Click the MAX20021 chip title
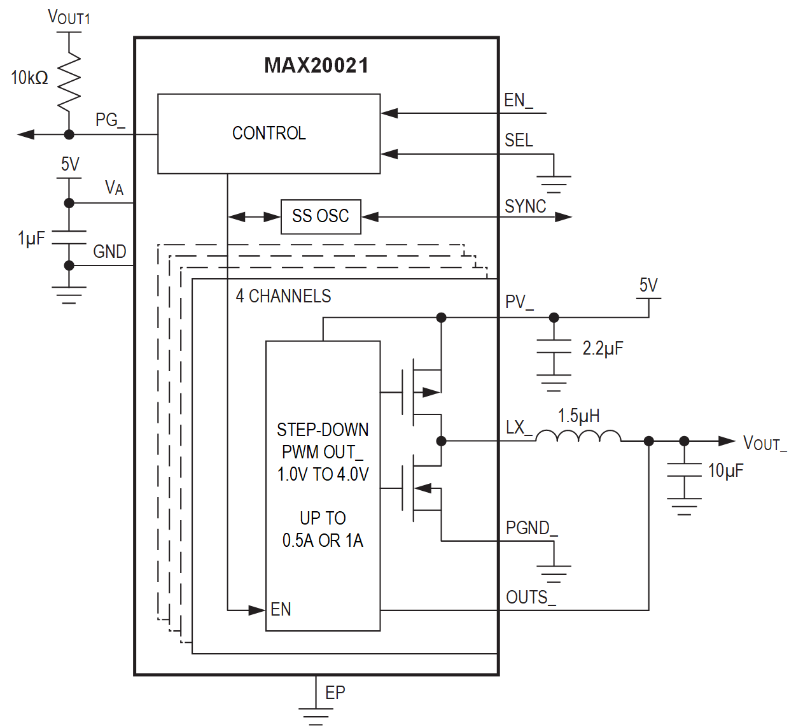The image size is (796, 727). point(316,66)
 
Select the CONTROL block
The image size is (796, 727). point(269,134)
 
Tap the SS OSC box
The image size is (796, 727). point(321,216)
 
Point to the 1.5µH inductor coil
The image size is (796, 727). point(578,436)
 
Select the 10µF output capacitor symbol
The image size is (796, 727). point(684,471)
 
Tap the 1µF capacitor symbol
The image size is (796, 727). point(69,237)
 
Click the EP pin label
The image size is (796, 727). point(335,693)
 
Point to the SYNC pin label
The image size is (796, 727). point(525,206)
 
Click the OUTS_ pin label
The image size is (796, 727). point(530,597)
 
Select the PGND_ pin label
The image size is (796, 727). point(531,528)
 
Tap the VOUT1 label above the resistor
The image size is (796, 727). point(69,17)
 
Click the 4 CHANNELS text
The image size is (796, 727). point(283,296)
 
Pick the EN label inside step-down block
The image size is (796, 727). point(281,609)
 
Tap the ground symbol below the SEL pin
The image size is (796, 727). point(554,183)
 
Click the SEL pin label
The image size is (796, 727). point(519,140)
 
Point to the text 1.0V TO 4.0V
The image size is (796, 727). point(323,474)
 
